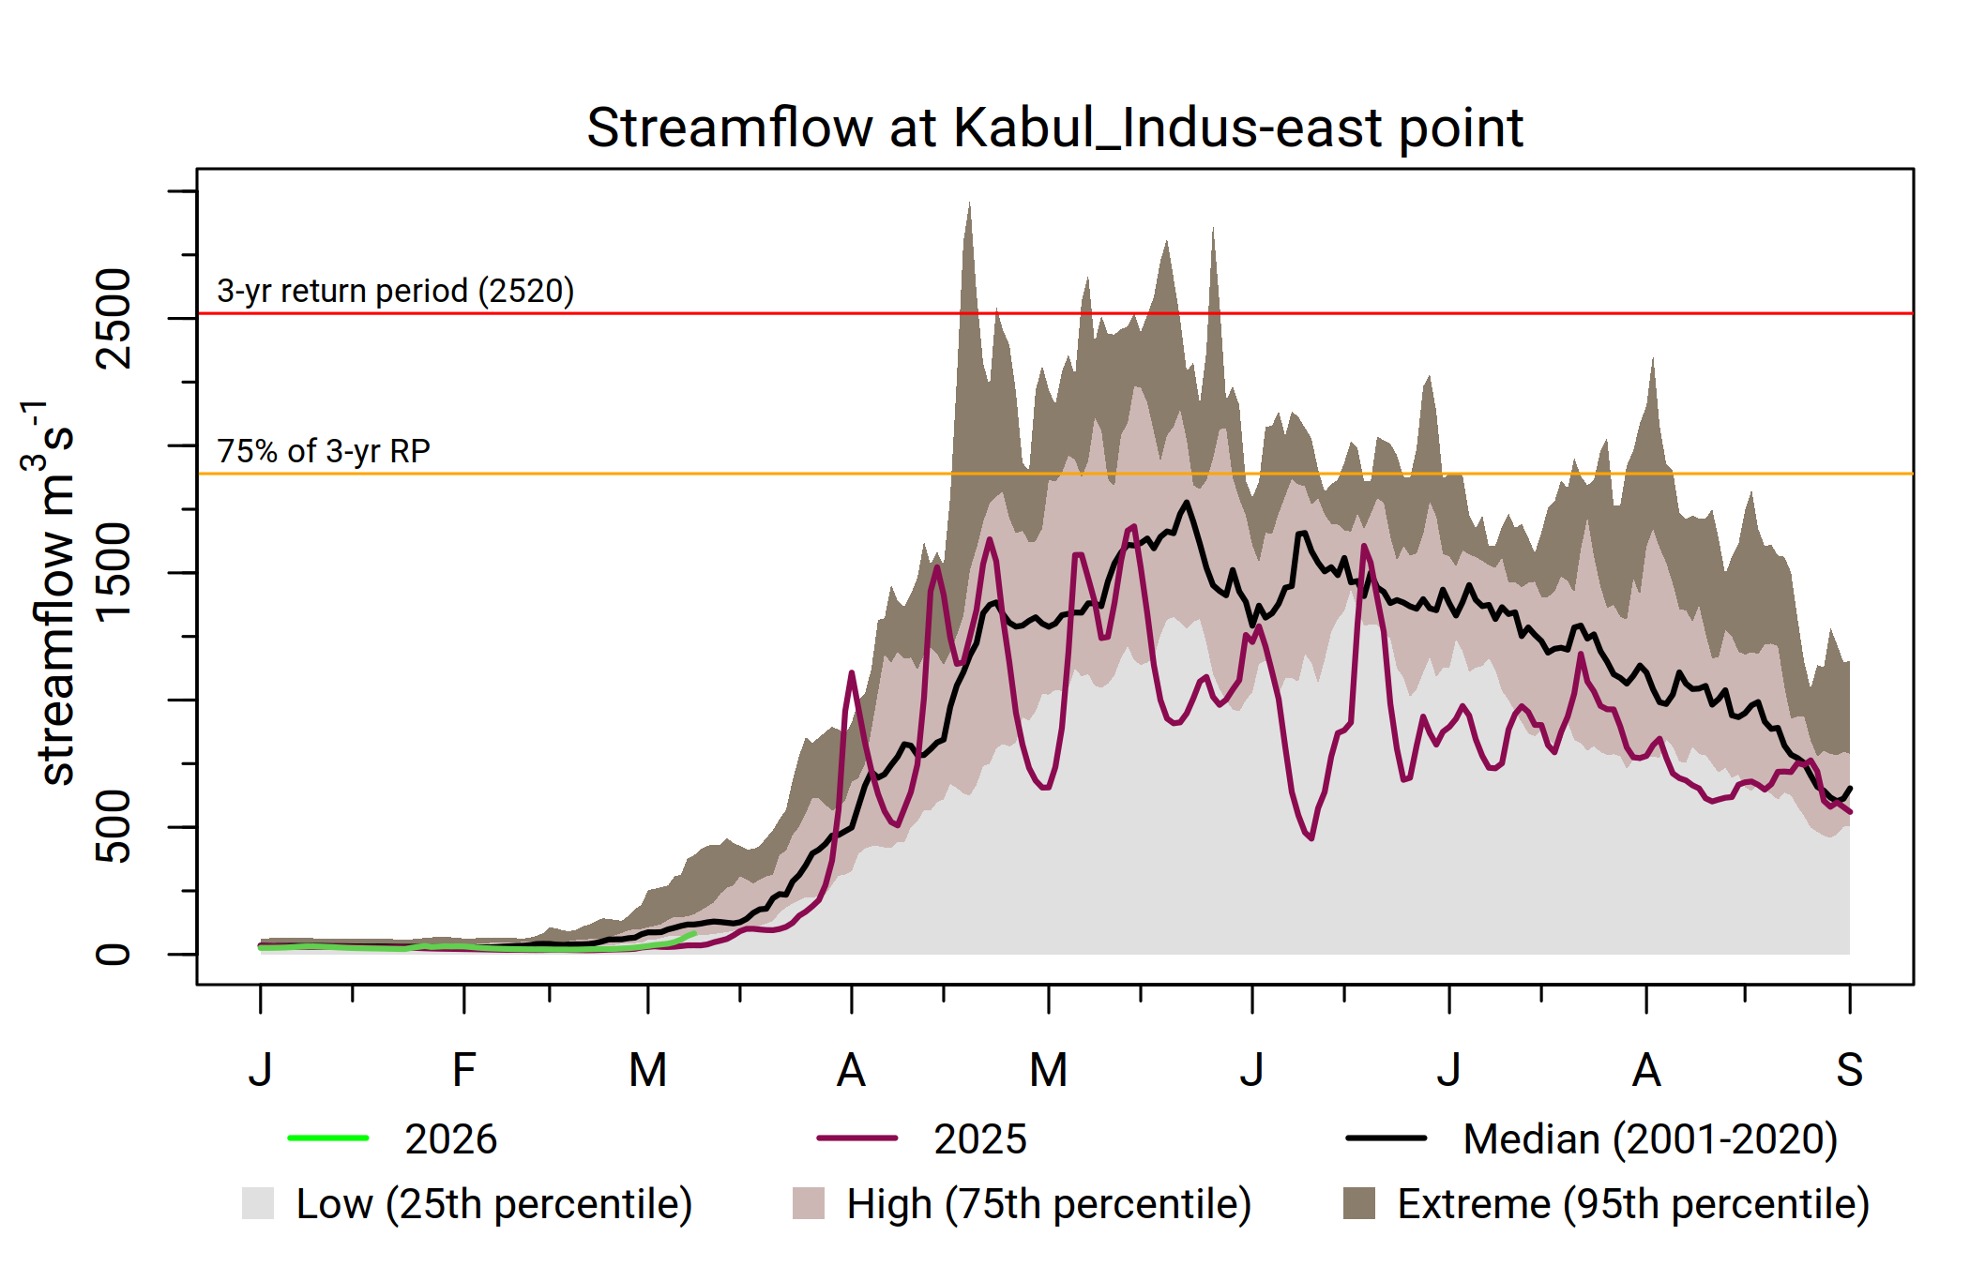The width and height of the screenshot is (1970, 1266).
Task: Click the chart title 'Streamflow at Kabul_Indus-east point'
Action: [1054, 128]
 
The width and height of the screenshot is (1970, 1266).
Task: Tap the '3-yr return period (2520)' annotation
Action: [395, 292]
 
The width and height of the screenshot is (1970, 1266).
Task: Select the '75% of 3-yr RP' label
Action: [324, 452]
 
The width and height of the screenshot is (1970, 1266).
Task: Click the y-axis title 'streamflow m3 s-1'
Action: [52, 591]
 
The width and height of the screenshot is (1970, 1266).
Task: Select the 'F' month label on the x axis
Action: [463, 1070]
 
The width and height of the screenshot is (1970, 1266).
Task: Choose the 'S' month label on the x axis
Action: [1849, 1070]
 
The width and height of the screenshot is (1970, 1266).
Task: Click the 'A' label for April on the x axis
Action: [851, 1070]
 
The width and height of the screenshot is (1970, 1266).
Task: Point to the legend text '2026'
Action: [450, 1139]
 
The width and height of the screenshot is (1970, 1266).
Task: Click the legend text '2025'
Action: [980, 1139]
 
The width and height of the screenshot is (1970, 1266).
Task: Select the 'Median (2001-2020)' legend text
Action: [1650, 1139]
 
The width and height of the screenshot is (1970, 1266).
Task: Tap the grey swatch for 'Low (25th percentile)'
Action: [258, 1203]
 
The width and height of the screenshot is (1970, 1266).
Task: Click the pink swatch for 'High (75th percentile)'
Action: [809, 1203]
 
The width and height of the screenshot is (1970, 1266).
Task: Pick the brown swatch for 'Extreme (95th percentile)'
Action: [1359, 1203]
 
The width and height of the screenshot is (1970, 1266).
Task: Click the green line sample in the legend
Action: [328, 1138]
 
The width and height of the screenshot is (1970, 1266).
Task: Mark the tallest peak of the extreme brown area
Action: [969, 204]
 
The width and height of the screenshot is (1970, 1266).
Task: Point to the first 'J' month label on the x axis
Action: [261, 1070]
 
